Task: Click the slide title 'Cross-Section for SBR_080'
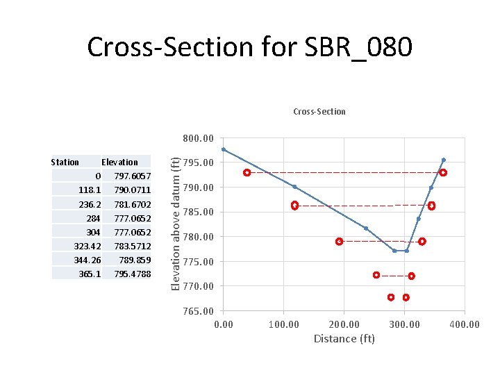pyautogui.click(x=250, y=47)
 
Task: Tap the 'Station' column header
pyautogui.click(x=65, y=162)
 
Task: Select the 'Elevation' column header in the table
pyautogui.click(x=119, y=162)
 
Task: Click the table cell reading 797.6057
pyautogui.click(x=132, y=176)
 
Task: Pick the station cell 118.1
pyautogui.click(x=90, y=190)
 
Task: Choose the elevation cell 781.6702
pyautogui.click(x=132, y=204)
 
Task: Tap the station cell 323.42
pyautogui.click(x=87, y=246)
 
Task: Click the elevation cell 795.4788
pyautogui.click(x=132, y=274)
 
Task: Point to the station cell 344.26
pyautogui.click(x=87, y=260)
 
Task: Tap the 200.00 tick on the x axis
pyautogui.click(x=344, y=324)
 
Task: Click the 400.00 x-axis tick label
pyautogui.click(x=464, y=324)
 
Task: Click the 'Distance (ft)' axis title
pyautogui.click(x=344, y=339)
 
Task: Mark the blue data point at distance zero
pyautogui.click(x=224, y=149)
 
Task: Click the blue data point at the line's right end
pyautogui.click(x=443, y=160)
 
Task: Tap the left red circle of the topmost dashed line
pyautogui.click(x=247, y=172)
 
